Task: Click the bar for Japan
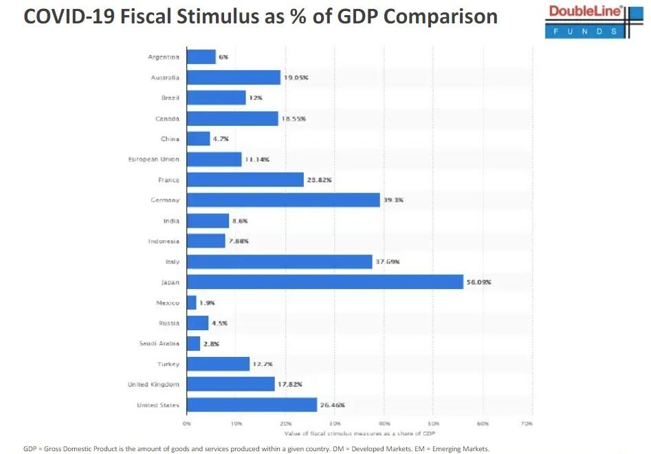click(x=324, y=282)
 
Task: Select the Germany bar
click(x=283, y=199)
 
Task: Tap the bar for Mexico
click(x=191, y=303)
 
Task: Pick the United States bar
click(x=252, y=405)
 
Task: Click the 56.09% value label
click(x=478, y=282)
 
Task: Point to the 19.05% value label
click(x=296, y=78)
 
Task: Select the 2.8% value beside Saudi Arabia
click(x=212, y=343)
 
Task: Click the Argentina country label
click(x=164, y=57)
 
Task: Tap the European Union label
click(x=153, y=159)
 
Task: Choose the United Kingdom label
click(x=153, y=385)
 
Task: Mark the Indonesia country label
click(x=164, y=241)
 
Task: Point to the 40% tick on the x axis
click(x=384, y=424)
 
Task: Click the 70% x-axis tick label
click(x=527, y=424)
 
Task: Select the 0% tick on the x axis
click(x=187, y=424)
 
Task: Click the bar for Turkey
click(x=218, y=364)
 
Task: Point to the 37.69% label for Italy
click(x=387, y=261)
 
